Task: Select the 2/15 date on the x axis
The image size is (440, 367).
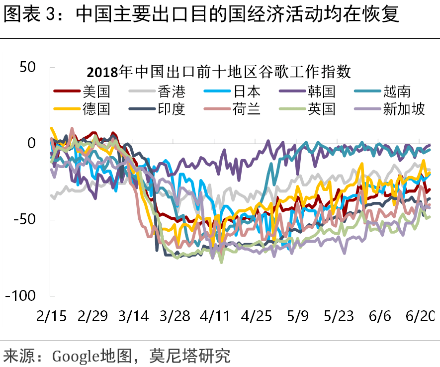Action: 51,316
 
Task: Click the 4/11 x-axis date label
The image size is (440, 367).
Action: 214,316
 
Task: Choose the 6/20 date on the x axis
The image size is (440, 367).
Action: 420,316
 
